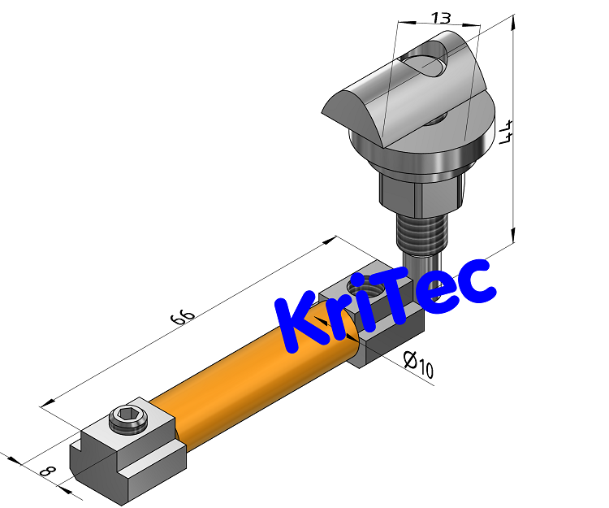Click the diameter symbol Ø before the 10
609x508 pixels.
[409, 358]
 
